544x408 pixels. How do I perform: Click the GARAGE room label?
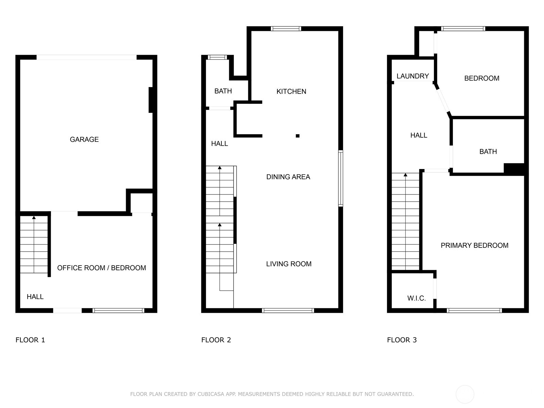84,139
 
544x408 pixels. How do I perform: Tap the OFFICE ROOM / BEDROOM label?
101,268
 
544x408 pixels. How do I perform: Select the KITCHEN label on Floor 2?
291,91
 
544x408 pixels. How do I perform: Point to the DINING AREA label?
288,177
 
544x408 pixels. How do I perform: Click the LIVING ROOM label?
289,264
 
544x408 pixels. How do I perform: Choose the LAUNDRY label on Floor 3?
412,76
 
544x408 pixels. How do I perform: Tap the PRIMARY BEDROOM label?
474,245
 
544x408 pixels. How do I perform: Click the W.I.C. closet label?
417,299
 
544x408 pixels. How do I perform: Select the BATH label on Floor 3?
488,152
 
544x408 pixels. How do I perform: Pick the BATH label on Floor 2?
223,91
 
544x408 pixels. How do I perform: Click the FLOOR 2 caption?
216,340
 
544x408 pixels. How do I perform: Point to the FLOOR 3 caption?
402,340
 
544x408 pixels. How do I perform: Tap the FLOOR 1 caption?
30,340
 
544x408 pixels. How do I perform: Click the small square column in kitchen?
297,136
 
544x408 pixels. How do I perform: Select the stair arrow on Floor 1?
34,218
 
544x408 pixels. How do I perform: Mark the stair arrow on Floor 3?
405,175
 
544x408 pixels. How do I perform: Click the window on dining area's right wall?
340,178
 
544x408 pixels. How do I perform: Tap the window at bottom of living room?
288,310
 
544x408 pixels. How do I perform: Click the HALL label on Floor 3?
419,135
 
